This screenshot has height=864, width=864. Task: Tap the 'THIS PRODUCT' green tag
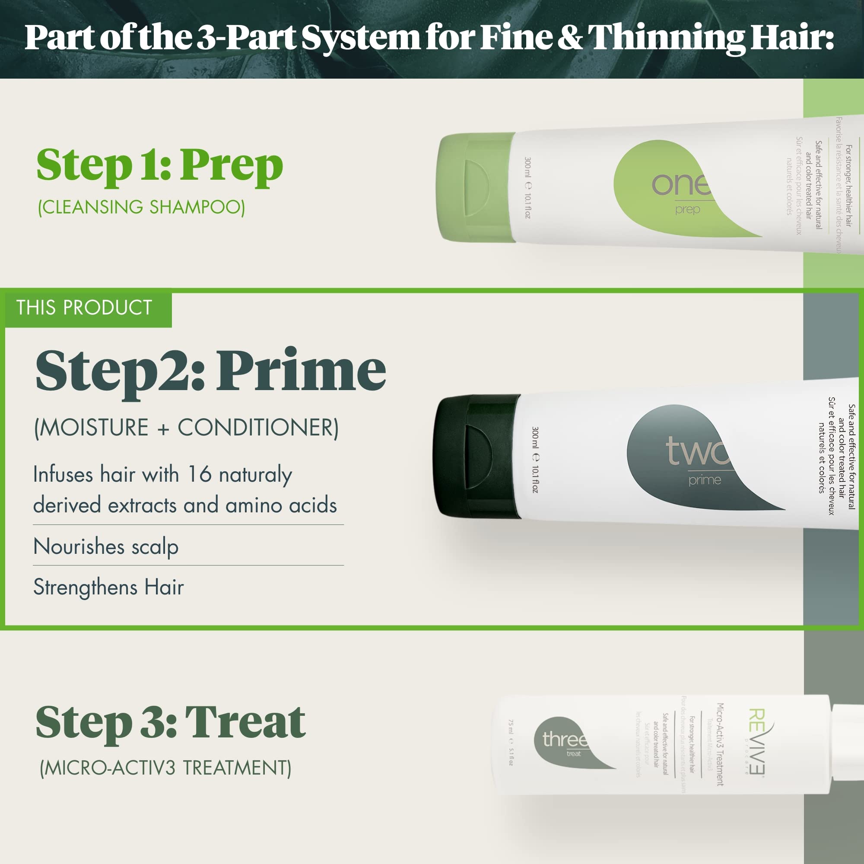[x=84, y=308]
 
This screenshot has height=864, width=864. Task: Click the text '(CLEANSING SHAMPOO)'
[x=141, y=207]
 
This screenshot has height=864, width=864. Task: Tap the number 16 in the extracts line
[x=200, y=474]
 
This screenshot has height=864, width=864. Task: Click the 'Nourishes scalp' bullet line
[x=106, y=546]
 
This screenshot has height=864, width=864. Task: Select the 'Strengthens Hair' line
[x=109, y=587]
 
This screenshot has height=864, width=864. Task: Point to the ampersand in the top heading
[x=570, y=38]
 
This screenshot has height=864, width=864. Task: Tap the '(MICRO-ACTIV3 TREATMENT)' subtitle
[x=165, y=768]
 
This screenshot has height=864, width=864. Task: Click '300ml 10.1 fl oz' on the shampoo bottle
[x=528, y=188]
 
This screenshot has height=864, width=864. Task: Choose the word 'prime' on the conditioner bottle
[x=705, y=480]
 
